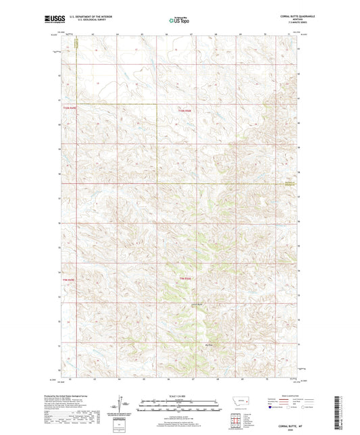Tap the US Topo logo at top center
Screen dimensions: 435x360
(x=180, y=20)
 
